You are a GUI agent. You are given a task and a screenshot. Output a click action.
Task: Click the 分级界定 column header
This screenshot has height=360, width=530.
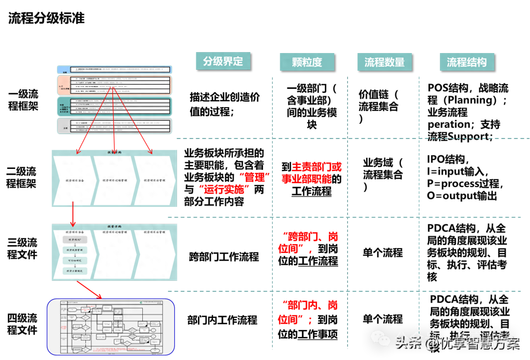tap(223, 61)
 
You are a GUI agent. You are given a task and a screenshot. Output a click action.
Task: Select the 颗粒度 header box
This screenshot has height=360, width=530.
tap(307, 62)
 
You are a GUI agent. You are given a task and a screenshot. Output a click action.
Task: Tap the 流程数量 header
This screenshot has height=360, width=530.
tap(384, 62)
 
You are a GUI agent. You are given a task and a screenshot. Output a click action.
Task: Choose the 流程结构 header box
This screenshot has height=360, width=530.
tap(466, 62)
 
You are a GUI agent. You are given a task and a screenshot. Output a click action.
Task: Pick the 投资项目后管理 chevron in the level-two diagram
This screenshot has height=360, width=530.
tap(155, 181)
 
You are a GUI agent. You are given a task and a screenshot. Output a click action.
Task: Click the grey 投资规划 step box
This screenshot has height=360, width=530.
tap(75, 239)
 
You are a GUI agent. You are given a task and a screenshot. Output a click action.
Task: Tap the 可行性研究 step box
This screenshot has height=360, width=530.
tap(75, 260)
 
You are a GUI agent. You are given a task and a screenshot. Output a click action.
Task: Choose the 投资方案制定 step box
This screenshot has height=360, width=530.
tap(75, 271)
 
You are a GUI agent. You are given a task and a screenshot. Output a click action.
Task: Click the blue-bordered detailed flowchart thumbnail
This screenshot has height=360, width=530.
tap(111, 327)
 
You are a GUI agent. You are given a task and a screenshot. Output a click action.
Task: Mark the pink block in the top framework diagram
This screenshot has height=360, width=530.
tap(114, 84)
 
